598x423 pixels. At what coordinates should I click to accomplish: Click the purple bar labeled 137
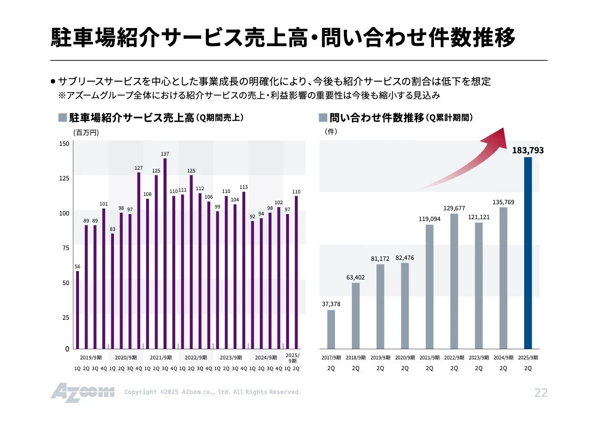(x=165, y=253)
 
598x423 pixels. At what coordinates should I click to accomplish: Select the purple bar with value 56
(x=78, y=309)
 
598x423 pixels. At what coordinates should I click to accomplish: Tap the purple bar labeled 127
(x=139, y=260)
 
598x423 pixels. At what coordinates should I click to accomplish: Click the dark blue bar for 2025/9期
(x=528, y=253)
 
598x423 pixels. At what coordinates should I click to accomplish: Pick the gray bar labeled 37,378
(x=331, y=329)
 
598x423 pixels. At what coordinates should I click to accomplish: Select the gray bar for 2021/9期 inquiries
(x=429, y=287)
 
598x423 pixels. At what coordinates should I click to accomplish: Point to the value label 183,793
(x=527, y=151)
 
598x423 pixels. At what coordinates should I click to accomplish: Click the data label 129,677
(x=454, y=208)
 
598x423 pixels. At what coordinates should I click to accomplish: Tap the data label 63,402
(x=356, y=277)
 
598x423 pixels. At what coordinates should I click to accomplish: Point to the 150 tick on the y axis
(x=64, y=143)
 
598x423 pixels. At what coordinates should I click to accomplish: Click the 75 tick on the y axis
(x=65, y=248)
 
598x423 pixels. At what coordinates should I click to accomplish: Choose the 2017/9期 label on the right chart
(x=331, y=358)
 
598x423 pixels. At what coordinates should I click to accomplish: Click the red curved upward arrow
(x=467, y=159)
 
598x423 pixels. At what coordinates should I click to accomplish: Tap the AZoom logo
(x=82, y=392)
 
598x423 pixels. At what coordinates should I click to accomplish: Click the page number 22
(x=541, y=393)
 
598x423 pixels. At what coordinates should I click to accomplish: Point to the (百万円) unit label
(x=86, y=133)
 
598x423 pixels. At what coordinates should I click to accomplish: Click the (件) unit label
(x=331, y=132)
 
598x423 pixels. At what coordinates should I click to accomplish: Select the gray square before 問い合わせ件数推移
(x=323, y=117)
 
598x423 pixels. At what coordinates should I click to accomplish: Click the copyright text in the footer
(x=213, y=392)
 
